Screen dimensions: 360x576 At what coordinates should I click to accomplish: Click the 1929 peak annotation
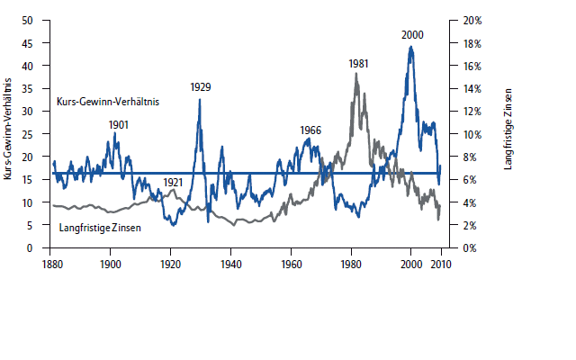(x=201, y=86)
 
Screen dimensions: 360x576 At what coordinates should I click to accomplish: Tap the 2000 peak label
(x=412, y=34)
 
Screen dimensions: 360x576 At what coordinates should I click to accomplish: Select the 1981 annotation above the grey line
(x=358, y=64)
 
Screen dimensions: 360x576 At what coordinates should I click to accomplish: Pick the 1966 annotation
(x=310, y=130)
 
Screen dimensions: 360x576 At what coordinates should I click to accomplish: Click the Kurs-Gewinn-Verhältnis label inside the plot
(x=107, y=103)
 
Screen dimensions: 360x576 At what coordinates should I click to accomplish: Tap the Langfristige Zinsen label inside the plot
(x=99, y=229)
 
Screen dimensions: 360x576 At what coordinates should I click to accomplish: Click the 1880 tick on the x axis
(x=51, y=264)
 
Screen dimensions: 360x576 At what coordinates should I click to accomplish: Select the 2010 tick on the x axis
(x=441, y=264)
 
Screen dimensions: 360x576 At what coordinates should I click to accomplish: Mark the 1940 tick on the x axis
(x=230, y=264)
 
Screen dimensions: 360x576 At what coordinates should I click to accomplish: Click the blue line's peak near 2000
(x=411, y=47)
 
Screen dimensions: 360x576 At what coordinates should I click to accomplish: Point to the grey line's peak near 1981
(x=356, y=74)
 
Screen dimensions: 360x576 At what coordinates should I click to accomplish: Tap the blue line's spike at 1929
(x=200, y=99)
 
